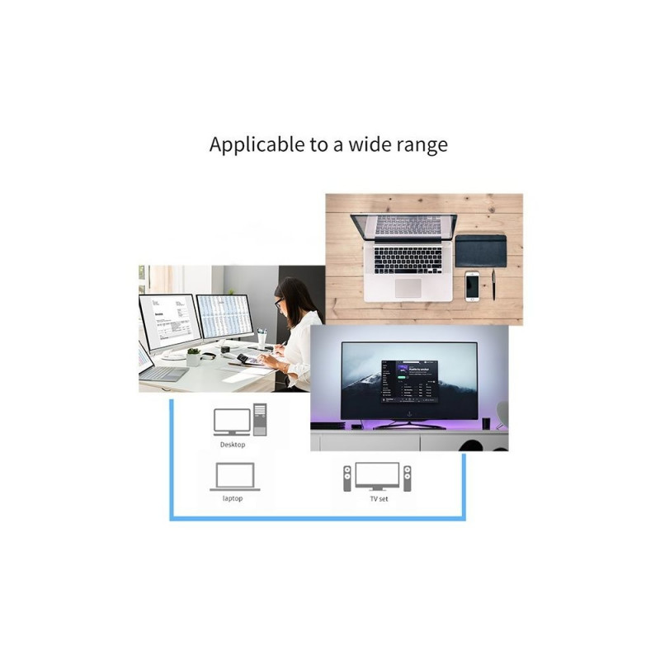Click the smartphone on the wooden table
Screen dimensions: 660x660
tap(472, 285)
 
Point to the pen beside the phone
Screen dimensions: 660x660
tap(493, 285)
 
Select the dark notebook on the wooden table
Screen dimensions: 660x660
tap(480, 250)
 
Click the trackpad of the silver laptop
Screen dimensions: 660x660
tap(408, 287)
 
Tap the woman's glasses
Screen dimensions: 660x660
tap(281, 302)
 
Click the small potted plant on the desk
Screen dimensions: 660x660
tap(193, 356)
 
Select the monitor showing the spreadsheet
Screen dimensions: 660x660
tap(224, 318)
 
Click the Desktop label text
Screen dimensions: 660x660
tap(233, 445)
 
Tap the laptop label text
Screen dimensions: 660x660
tap(233, 498)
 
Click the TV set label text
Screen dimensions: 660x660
tap(379, 498)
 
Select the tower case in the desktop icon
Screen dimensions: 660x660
tap(260, 418)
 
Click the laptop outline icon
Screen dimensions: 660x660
tap(234, 477)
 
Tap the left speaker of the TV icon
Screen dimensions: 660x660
tap(347, 478)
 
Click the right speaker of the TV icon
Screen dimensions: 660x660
tap(407, 478)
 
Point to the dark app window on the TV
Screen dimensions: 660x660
tap(408, 382)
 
